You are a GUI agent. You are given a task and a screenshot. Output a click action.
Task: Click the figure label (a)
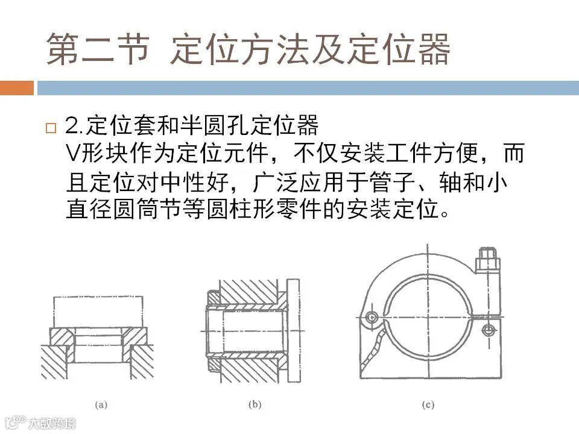pos(101,405)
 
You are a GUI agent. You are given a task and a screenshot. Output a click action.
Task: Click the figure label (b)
pos(255,404)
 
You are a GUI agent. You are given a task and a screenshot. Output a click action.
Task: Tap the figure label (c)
pos(428,405)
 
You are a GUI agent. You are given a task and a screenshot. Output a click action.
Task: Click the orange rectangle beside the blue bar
pos(17,88)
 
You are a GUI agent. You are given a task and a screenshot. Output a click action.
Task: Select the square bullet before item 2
pos(51,128)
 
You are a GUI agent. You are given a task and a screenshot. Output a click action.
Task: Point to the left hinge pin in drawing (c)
pos(371,317)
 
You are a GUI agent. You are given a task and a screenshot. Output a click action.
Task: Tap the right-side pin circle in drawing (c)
pos(488,330)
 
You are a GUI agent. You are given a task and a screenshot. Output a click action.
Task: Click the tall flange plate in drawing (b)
pos(293,331)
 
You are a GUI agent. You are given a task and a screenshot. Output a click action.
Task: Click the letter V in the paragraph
pos(73,153)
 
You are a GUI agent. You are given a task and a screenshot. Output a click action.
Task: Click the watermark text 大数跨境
pos(52,423)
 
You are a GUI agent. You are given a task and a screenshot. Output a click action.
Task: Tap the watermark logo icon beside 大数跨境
pos(15,422)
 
